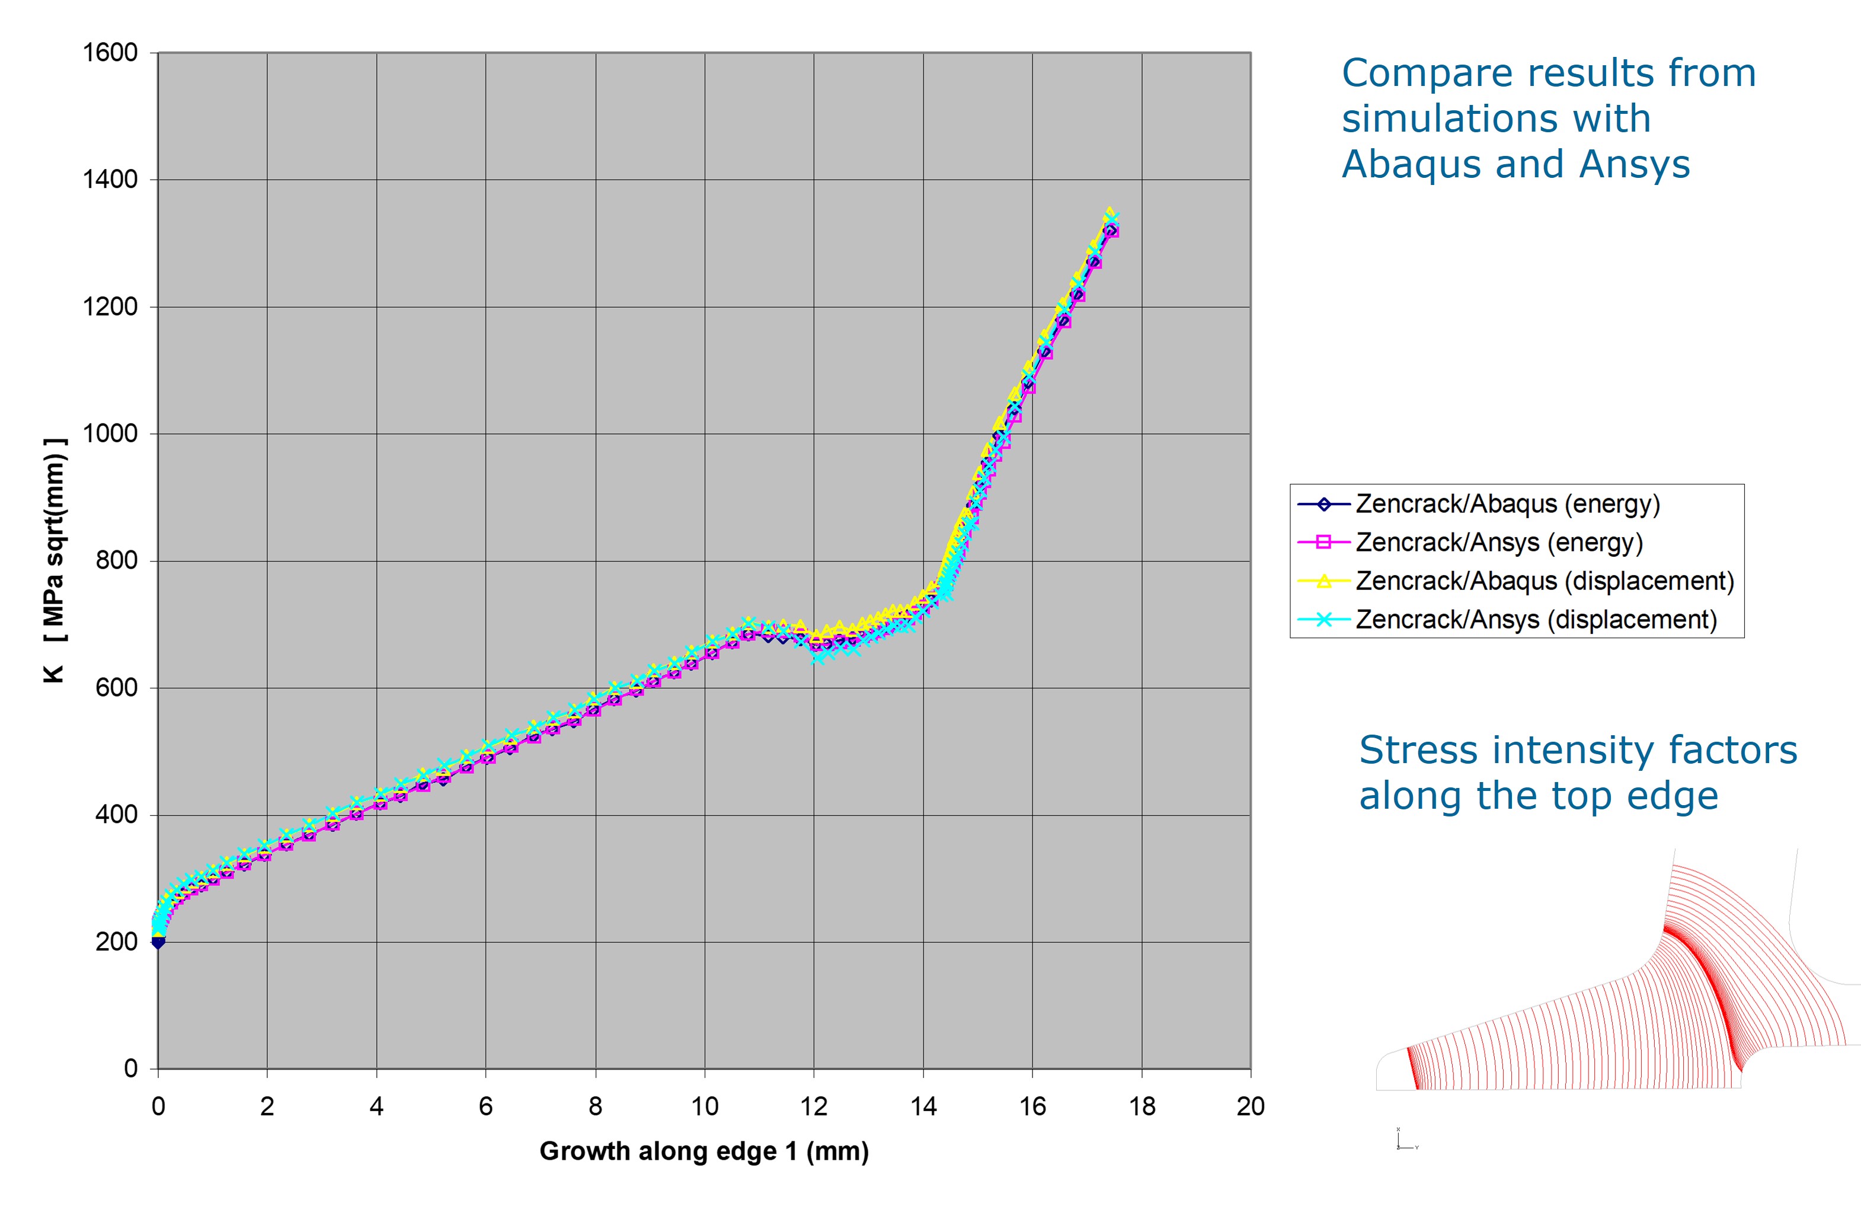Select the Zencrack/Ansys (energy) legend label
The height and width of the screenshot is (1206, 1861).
pyautogui.click(x=1498, y=543)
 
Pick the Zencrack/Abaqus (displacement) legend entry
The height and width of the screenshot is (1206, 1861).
pyautogui.click(x=1545, y=581)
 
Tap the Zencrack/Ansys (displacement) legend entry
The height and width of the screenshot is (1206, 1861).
pyautogui.click(x=1536, y=620)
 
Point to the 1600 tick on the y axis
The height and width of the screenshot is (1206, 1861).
pyautogui.click(x=110, y=53)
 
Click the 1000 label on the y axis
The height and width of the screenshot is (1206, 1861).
pyautogui.click(x=110, y=434)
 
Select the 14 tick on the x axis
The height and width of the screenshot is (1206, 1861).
pyautogui.click(x=923, y=1106)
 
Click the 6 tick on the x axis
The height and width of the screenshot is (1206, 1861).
pyautogui.click(x=485, y=1106)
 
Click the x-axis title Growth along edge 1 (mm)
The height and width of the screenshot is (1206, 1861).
pyautogui.click(x=704, y=1151)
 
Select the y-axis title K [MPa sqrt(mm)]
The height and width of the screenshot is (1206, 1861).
pyautogui.click(x=55, y=561)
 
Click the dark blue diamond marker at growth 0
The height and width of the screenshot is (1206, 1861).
pyautogui.click(x=158, y=942)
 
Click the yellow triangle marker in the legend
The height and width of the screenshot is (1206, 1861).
pyautogui.click(x=1324, y=581)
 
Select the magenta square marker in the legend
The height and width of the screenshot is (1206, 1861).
pyautogui.click(x=1324, y=543)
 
